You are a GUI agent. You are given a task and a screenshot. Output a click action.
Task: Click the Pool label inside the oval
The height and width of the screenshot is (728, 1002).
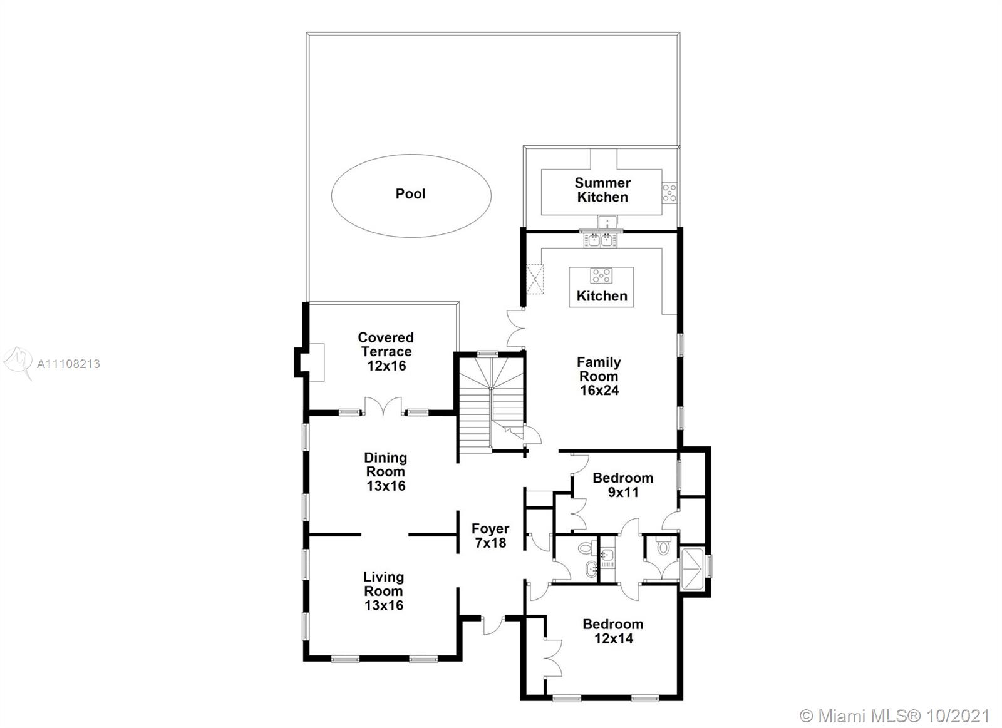[411, 193]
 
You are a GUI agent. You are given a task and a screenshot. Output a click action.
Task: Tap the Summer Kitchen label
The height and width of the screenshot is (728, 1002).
[602, 190]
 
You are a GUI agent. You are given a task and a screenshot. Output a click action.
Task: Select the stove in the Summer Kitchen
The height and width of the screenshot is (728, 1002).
[669, 193]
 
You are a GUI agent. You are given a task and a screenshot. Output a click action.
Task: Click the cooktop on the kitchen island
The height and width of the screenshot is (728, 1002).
[601, 275]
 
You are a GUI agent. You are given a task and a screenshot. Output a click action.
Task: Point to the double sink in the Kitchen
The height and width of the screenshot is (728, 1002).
[601, 240]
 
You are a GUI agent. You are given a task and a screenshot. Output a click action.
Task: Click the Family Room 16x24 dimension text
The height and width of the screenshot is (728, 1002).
[599, 391]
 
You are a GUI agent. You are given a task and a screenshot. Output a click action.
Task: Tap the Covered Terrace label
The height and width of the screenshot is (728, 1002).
[386, 344]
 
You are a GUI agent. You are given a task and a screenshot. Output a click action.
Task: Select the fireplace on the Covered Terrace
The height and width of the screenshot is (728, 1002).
[309, 362]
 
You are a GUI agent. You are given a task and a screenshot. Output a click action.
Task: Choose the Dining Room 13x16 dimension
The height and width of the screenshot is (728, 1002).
[386, 486]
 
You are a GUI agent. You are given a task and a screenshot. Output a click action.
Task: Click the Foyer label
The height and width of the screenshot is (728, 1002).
[490, 528]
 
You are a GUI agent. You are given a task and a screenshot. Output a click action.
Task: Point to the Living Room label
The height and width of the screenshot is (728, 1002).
[383, 584]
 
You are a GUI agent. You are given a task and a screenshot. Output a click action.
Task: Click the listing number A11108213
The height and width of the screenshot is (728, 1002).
[68, 364]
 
